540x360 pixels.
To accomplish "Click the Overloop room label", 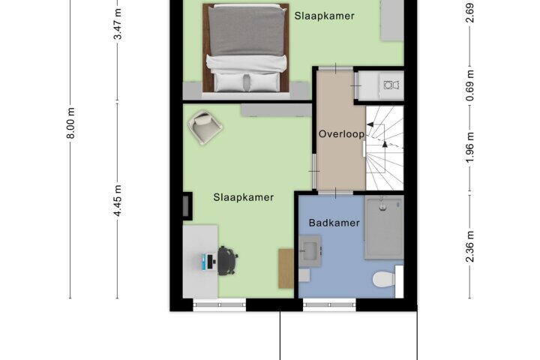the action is (341, 133).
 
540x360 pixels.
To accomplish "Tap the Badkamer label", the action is (334, 223).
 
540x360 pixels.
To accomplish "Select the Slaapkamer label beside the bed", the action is (324, 16).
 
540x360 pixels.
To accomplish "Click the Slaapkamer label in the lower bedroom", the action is (244, 197).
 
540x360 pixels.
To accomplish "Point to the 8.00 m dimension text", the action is (70, 123).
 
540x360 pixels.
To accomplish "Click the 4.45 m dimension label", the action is (118, 200).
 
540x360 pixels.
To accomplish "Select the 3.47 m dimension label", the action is (118, 25).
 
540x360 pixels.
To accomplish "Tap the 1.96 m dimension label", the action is (470, 147).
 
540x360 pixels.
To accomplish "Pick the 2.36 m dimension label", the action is (470, 247).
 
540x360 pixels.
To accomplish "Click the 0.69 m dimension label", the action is (470, 85).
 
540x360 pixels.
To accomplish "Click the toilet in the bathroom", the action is (385, 280).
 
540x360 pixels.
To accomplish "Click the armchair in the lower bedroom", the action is (205, 127).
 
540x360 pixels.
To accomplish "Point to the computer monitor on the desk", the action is (205, 262).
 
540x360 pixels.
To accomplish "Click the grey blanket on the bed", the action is (247, 30).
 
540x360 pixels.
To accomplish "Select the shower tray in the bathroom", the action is (384, 227).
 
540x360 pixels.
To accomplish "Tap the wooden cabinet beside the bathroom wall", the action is (286, 268).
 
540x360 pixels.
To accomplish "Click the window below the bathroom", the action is (329, 305).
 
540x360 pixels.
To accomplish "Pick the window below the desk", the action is (219, 305).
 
